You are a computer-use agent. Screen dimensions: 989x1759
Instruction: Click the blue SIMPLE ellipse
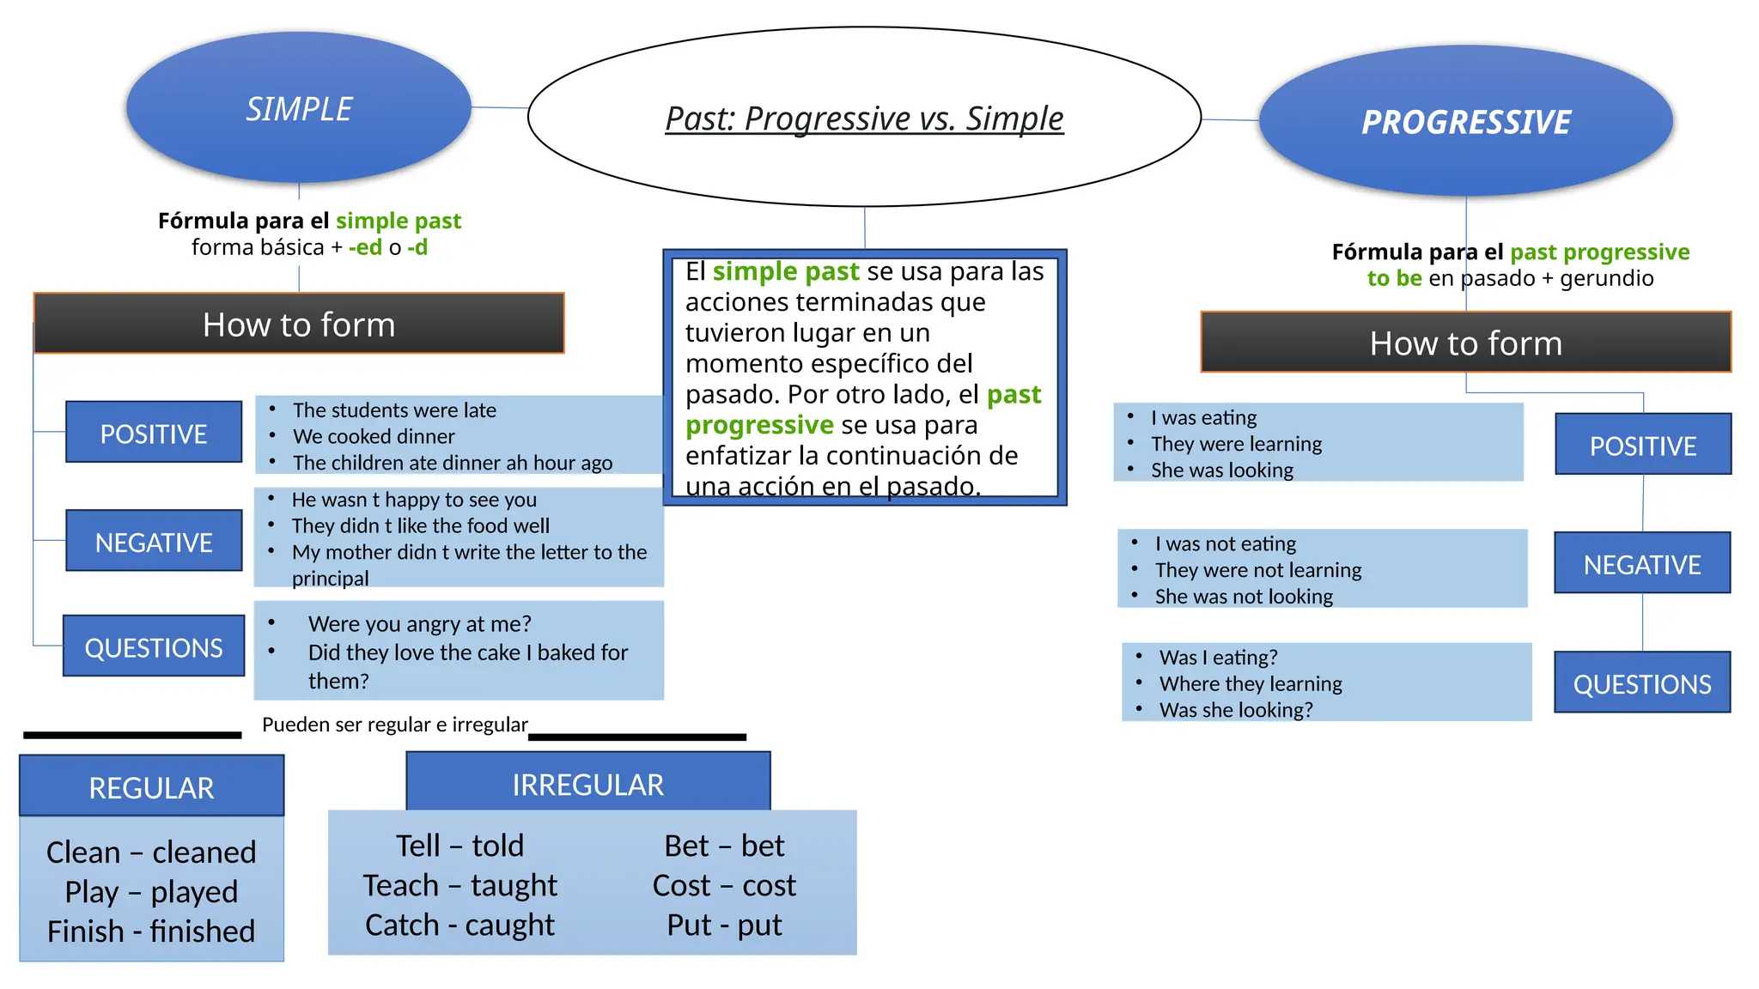299,108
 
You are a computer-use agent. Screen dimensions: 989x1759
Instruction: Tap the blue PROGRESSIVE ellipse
1465,122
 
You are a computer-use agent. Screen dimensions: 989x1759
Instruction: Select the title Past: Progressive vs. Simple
864,118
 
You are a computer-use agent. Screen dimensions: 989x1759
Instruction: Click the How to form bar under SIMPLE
299,324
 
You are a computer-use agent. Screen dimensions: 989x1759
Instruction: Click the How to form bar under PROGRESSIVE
1465,343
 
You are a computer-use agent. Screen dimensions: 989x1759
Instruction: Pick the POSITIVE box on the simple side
154,433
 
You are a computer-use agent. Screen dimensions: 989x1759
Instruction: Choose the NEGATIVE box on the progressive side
1642,563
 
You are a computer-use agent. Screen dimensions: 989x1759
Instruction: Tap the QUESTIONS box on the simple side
154,646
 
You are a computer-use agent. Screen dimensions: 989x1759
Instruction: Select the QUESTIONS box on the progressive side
1642,683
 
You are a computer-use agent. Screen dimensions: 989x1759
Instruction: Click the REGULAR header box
151,786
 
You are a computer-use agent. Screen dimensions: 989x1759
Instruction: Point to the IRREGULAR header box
588,783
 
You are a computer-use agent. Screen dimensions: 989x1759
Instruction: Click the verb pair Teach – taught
460,885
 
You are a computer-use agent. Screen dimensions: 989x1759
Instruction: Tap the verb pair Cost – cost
724,885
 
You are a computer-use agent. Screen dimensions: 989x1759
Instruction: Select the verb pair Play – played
151,892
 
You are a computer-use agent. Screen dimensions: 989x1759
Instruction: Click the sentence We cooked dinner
374,436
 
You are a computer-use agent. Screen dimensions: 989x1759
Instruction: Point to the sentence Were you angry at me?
420,623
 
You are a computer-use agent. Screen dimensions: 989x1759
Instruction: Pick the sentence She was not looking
1244,597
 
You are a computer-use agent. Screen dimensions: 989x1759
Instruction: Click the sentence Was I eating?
1218,658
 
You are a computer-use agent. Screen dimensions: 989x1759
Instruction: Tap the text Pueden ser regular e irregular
395,725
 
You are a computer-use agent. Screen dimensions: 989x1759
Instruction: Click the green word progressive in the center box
759,425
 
